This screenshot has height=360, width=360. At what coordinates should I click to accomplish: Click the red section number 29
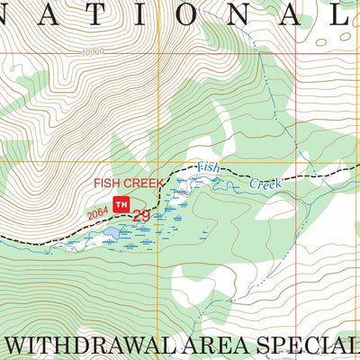(141, 215)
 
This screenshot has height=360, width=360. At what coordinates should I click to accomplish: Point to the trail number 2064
(98, 212)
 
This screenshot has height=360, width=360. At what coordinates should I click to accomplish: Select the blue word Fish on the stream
(208, 166)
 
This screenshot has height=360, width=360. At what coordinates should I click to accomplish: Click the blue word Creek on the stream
(265, 183)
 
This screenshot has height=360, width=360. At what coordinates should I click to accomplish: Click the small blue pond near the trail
(110, 233)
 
